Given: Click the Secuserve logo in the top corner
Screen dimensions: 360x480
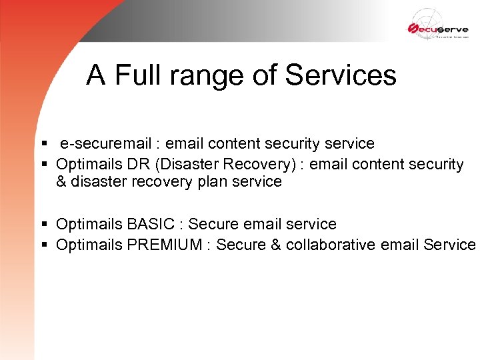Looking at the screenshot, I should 438,27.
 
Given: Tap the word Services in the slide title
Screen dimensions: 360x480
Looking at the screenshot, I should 341,75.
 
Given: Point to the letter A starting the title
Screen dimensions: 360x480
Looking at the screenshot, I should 96,75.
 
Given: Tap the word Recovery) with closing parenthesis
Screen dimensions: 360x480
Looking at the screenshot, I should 243,164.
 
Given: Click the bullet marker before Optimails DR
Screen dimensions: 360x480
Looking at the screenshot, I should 44,165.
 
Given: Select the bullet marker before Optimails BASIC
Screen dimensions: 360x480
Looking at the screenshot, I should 44,225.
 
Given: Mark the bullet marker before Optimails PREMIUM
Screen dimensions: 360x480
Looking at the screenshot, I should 44,245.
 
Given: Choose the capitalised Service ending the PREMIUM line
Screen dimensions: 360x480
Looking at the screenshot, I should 449,245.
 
